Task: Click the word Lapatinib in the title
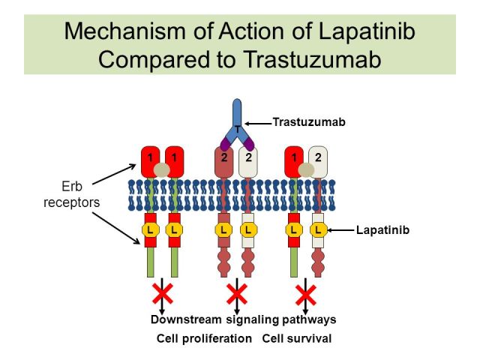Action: click(367, 32)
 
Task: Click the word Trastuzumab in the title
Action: click(313, 59)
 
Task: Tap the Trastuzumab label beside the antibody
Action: click(309, 121)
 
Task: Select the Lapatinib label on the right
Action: click(382, 230)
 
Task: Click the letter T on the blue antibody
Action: click(238, 129)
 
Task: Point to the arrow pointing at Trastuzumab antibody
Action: click(258, 124)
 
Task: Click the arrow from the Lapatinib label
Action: click(340, 230)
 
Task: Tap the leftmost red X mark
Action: click(163, 293)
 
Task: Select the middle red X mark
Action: click(237, 293)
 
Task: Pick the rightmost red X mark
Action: click(306, 295)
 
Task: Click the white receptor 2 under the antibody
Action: click(248, 162)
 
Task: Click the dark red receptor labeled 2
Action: click(224, 162)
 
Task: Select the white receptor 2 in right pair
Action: click(318, 162)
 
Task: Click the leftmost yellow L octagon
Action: click(150, 230)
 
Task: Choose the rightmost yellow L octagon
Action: click(318, 230)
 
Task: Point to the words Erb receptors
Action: click(72, 194)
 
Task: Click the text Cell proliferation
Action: click(204, 338)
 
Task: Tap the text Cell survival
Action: click(297, 338)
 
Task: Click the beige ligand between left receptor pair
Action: click(162, 170)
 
